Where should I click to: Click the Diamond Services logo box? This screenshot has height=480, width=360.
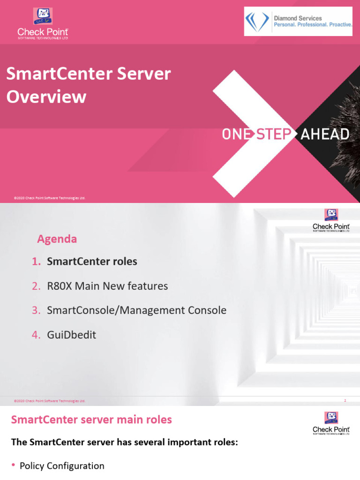click(x=298, y=22)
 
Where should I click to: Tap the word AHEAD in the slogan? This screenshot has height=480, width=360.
click(x=325, y=135)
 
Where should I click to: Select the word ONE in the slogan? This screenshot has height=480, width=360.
click(x=237, y=135)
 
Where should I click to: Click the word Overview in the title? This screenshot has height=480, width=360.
click(x=46, y=97)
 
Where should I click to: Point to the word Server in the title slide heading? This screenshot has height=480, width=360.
click(x=145, y=74)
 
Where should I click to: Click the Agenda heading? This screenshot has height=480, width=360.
click(x=57, y=239)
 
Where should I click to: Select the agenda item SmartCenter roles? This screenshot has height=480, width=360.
click(x=92, y=262)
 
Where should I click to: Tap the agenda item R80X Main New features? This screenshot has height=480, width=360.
click(x=107, y=286)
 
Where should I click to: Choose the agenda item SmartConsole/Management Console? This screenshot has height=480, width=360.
click(x=136, y=310)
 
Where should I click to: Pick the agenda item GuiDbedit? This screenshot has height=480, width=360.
click(x=71, y=335)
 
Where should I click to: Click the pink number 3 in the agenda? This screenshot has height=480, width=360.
click(x=36, y=310)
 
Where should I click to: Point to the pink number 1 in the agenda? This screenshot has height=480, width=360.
click(x=36, y=262)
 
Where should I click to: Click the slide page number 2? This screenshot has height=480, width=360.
click(x=345, y=401)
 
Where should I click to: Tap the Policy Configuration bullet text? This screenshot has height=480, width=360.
click(x=62, y=466)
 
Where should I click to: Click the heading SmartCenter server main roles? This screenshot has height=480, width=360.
click(x=91, y=420)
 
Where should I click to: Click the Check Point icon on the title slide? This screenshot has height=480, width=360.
click(x=43, y=16)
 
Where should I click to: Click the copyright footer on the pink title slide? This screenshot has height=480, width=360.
click(x=50, y=198)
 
